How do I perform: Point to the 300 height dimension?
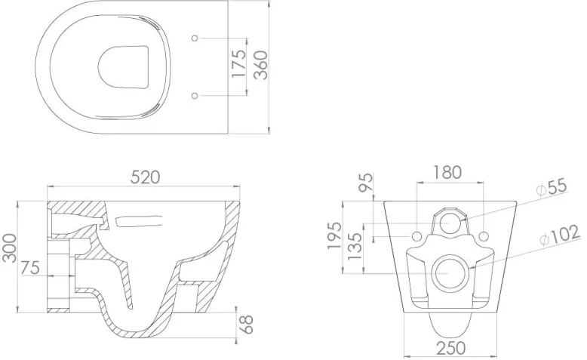10,248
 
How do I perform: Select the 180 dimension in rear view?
450,172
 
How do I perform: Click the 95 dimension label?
368,182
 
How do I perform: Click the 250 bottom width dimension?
450,348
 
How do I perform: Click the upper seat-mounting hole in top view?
195,37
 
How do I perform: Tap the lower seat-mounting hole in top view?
195,96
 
